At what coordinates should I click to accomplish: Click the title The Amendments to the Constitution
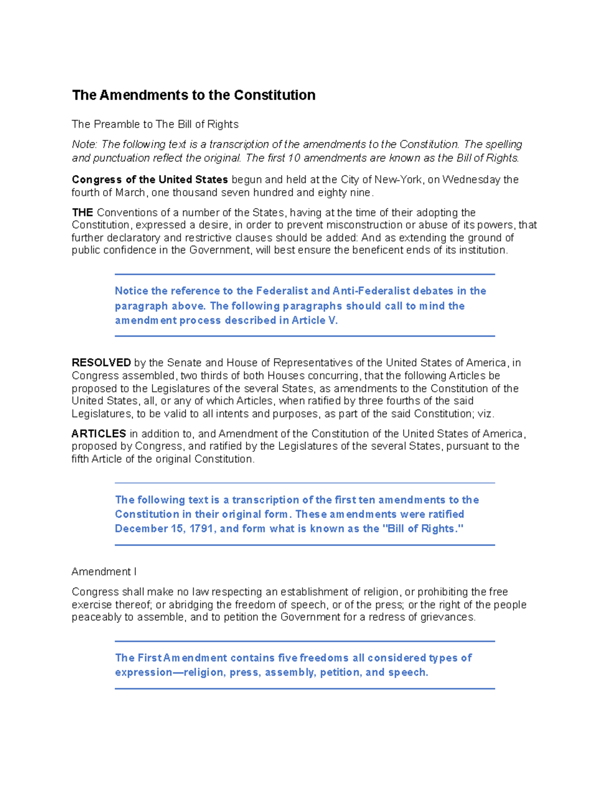point(194,95)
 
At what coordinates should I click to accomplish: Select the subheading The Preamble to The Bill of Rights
point(155,124)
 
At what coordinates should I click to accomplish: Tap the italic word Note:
point(84,144)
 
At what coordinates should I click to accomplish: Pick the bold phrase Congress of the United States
point(150,180)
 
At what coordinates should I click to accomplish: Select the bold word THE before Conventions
point(82,213)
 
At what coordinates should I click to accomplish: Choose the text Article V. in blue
point(315,320)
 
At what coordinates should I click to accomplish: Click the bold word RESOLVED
point(102,363)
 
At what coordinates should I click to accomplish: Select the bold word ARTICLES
point(99,434)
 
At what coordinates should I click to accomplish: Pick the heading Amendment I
point(104,572)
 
